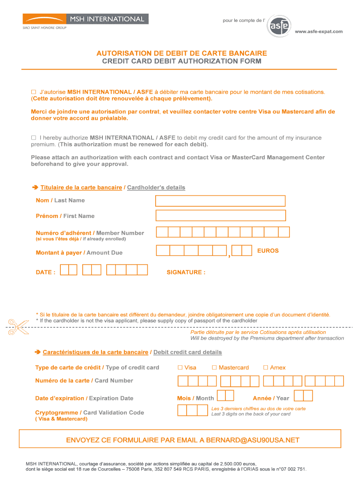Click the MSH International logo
click(x=86, y=19)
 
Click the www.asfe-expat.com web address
click(x=318, y=31)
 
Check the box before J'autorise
click(x=34, y=92)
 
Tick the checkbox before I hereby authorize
click(x=34, y=138)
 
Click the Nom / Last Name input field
click(x=220, y=201)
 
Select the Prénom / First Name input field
click(x=220, y=216)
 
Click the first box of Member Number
click(x=162, y=232)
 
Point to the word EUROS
click(x=268, y=251)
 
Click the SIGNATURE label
click(x=186, y=272)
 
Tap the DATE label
click(x=45, y=272)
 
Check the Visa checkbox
click(x=180, y=368)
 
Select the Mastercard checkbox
click(x=215, y=368)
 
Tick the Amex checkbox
click(x=266, y=368)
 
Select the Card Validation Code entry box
click(x=193, y=411)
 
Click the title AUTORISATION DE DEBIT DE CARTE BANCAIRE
click(x=181, y=53)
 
